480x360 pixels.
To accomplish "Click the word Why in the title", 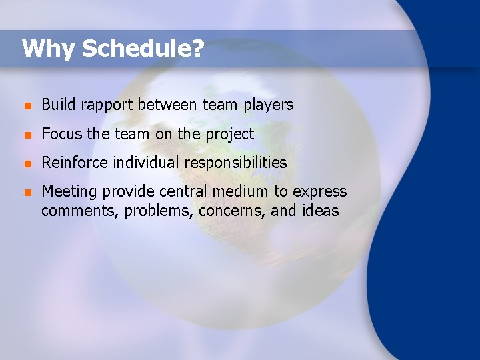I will coord(48,49).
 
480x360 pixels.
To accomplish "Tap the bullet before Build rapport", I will coord(25,105).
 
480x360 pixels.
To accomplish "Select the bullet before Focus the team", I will coord(25,135).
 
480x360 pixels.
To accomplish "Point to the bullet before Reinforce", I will coord(25,163).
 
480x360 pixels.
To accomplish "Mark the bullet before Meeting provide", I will coord(25,192).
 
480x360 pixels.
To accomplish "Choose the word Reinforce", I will coord(75,163).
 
